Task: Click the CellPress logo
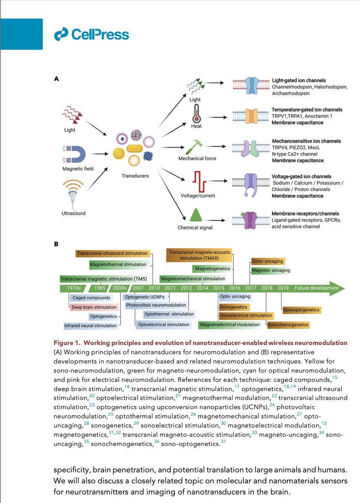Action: click(x=91, y=34)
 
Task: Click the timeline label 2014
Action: click(x=202, y=288)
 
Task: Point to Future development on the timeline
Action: click(x=316, y=288)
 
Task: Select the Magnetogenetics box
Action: click(x=212, y=268)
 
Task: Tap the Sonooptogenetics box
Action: click(x=301, y=310)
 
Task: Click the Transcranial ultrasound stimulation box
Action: click(x=112, y=253)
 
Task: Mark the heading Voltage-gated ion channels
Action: click(x=301, y=176)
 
